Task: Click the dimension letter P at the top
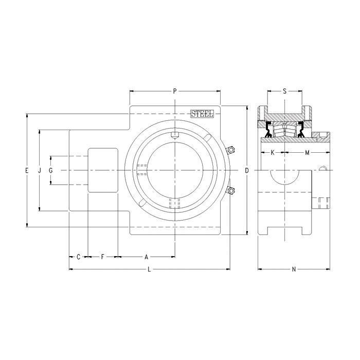[175, 91]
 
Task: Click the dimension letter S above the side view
[284, 91]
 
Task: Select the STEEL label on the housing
[202, 114]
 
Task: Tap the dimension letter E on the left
[27, 170]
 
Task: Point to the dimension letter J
[40, 170]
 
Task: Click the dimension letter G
[51, 170]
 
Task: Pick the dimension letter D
[247, 170]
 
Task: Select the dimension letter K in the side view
[272, 153]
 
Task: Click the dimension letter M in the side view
[307, 153]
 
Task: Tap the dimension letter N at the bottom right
[294, 269]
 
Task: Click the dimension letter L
[149, 269]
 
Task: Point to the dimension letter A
[146, 256]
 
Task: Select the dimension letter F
[102, 256]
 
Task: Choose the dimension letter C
[78, 256]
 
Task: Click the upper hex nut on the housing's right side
[231, 150]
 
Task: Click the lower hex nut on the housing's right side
[231, 191]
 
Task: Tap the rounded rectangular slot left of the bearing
[103, 170]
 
